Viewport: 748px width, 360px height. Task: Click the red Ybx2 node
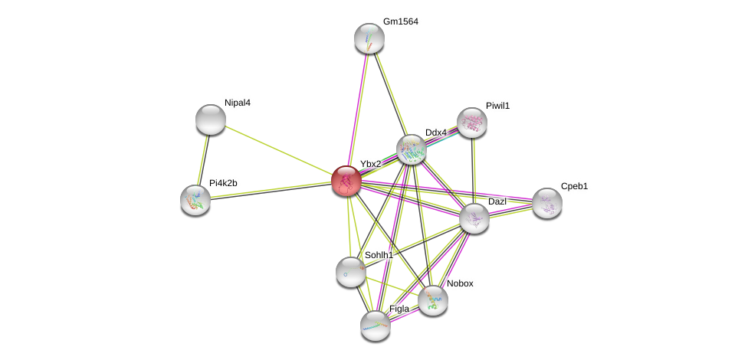point(346,181)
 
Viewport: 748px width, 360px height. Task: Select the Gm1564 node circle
point(369,38)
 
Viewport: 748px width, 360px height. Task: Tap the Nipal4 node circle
point(211,119)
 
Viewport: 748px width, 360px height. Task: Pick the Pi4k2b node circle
point(195,199)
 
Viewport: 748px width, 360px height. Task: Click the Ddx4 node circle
point(412,149)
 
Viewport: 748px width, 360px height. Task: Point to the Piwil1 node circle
point(472,123)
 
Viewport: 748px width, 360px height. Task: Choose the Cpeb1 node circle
point(547,203)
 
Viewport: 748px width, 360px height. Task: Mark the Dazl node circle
point(474,218)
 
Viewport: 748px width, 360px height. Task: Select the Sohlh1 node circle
point(351,272)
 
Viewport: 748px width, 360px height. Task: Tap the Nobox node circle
point(433,300)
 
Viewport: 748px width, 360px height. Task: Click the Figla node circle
point(376,325)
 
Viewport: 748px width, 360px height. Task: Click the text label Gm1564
point(400,21)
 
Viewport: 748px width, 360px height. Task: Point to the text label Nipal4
point(238,103)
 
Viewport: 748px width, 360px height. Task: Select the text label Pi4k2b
point(223,183)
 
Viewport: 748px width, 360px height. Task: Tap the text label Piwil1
point(497,106)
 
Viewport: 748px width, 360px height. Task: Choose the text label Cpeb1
point(574,186)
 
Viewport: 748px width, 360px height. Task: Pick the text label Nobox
point(460,283)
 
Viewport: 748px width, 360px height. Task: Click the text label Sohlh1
point(379,255)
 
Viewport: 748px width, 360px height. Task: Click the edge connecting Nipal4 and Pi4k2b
point(203,159)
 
